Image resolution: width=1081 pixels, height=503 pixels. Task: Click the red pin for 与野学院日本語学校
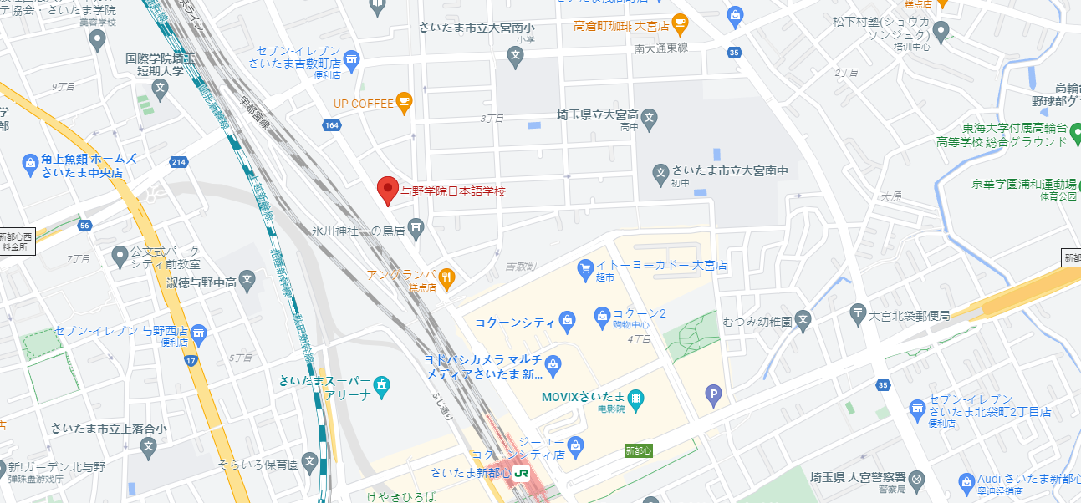(x=386, y=190)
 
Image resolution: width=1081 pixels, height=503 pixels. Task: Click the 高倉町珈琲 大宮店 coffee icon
(x=680, y=23)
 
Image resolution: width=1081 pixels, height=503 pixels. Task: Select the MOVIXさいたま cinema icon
(x=636, y=398)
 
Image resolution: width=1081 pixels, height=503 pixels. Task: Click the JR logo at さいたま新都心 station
(x=522, y=473)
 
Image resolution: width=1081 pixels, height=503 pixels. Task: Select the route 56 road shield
(x=85, y=226)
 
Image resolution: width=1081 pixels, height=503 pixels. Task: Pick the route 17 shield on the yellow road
(x=191, y=361)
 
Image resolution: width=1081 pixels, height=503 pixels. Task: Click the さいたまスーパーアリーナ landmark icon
(x=382, y=385)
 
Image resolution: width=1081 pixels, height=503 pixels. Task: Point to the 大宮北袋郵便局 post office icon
(x=858, y=315)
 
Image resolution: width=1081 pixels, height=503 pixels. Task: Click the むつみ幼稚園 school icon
(x=803, y=318)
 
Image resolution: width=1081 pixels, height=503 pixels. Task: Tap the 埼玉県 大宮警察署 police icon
(x=917, y=479)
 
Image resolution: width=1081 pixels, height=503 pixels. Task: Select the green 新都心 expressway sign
(x=637, y=450)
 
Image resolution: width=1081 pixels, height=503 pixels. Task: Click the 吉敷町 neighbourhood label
(x=520, y=266)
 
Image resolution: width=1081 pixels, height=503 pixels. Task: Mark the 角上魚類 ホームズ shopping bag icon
(x=30, y=161)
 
